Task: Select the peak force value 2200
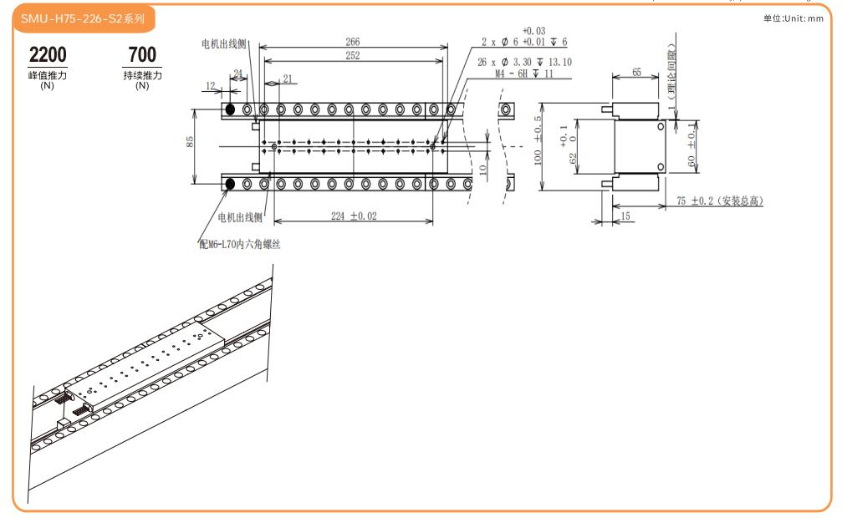point(48,55)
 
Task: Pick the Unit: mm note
point(799,18)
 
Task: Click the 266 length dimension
point(352,41)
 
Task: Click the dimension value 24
point(238,74)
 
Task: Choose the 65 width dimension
point(636,73)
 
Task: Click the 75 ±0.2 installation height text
point(720,201)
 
